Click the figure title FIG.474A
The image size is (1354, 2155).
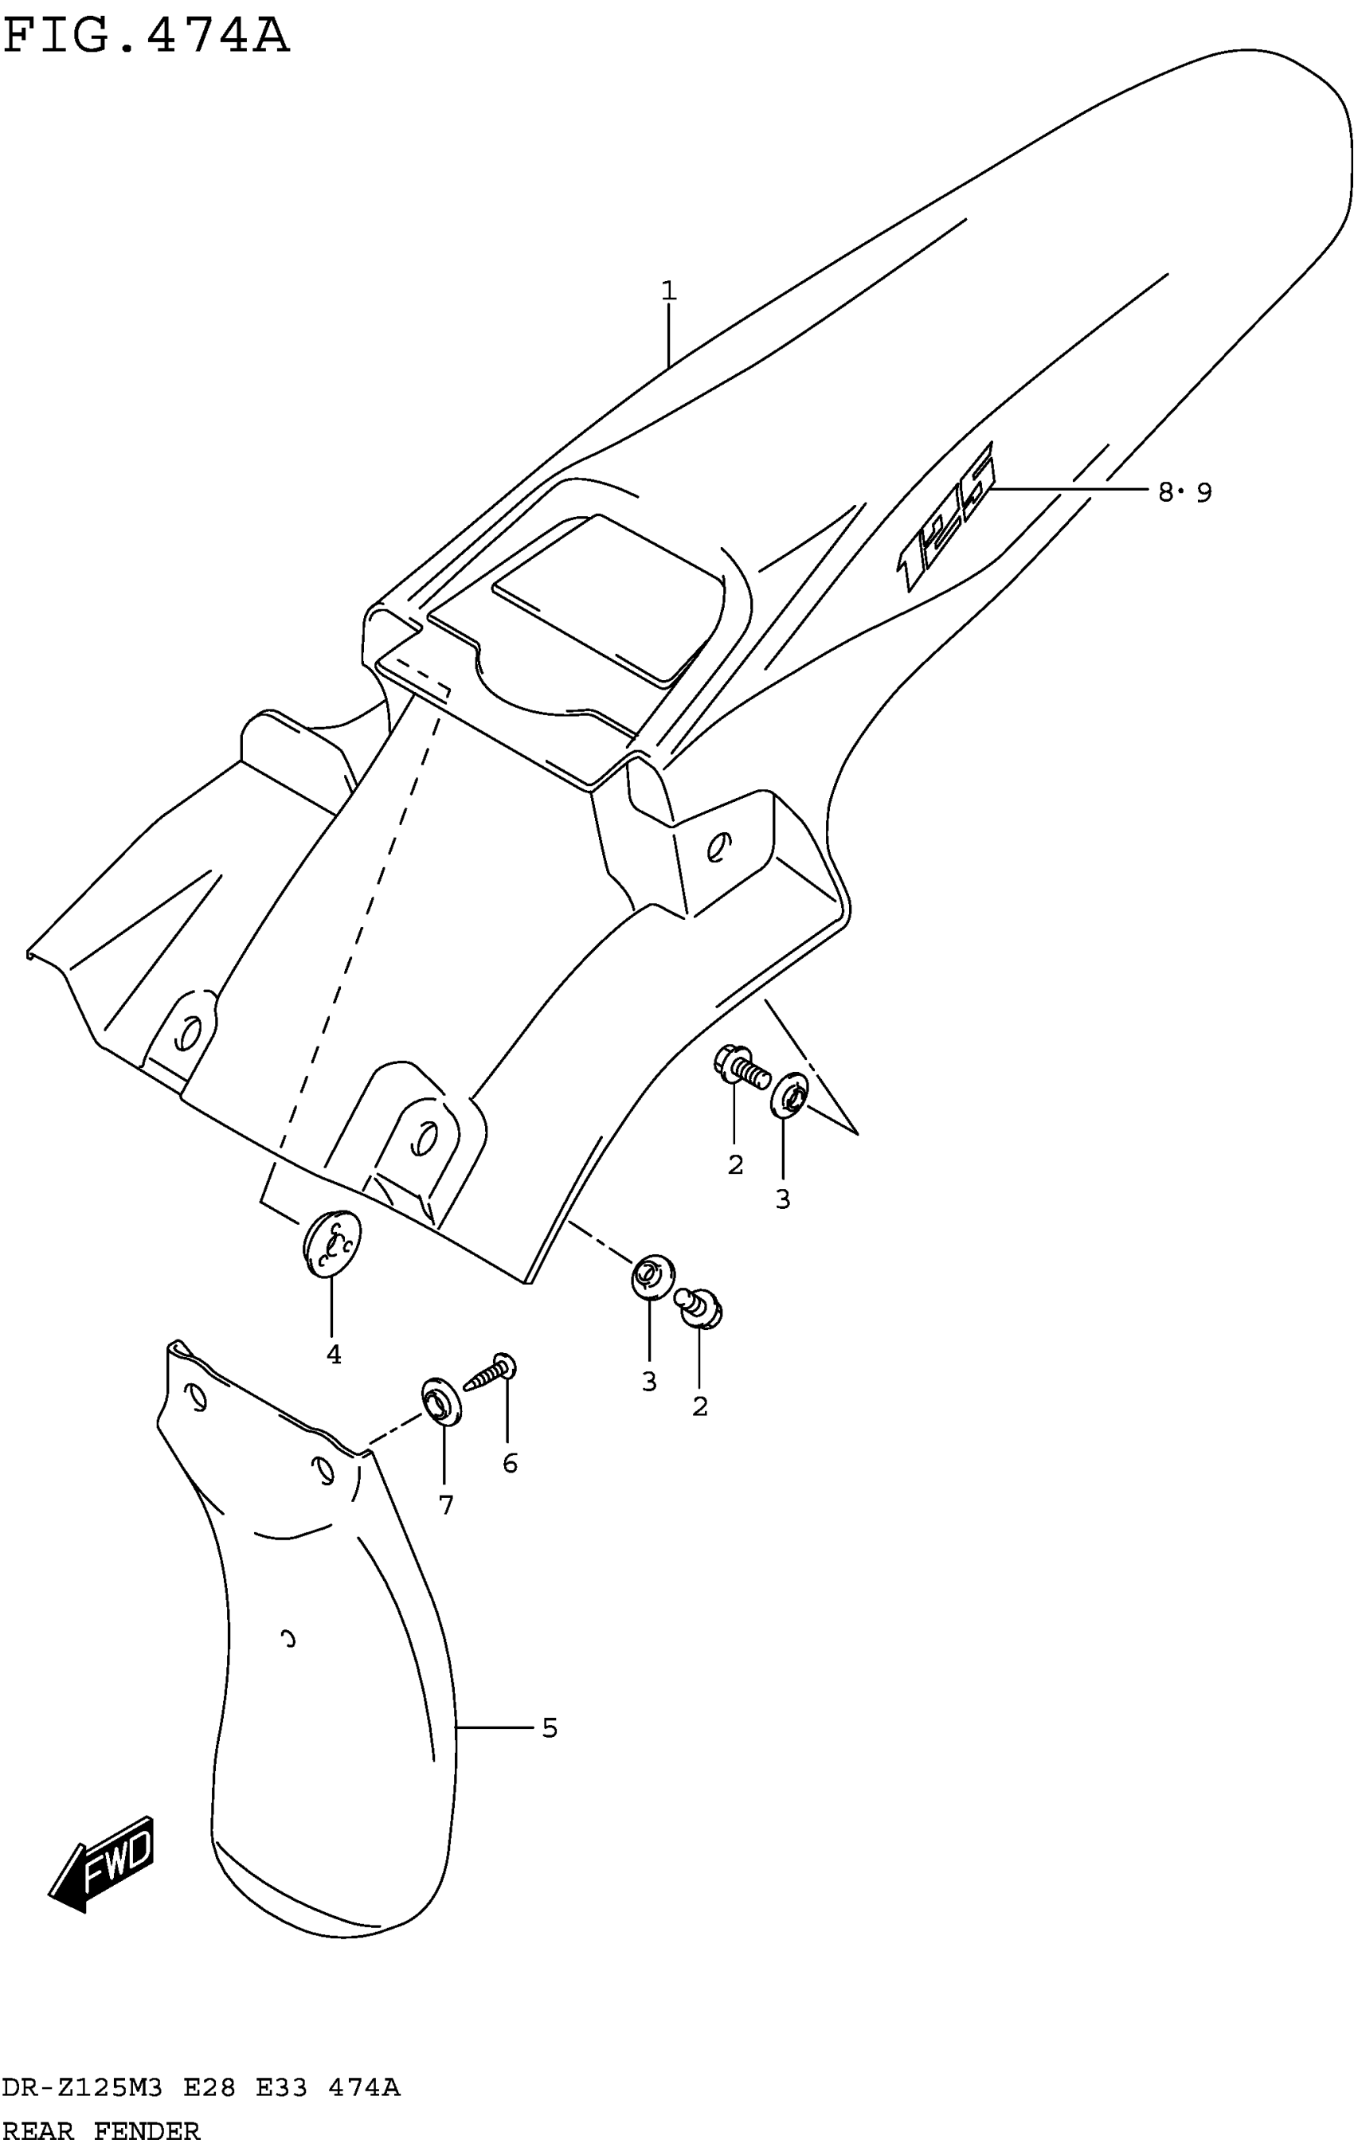pyautogui.click(x=146, y=37)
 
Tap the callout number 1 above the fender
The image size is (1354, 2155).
pyautogui.click(x=668, y=291)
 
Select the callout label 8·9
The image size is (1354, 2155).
pyautogui.click(x=1184, y=491)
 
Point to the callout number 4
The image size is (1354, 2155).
pyautogui.click(x=333, y=1355)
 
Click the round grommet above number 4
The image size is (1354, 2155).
pyautogui.click(x=332, y=1241)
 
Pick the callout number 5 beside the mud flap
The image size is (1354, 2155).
pyautogui.click(x=549, y=1728)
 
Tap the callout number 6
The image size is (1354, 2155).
pyautogui.click(x=509, y=1463)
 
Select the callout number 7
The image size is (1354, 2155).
pyautogui.click(x=446, y=1505)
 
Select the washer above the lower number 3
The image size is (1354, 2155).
pyautogui.click(x=652, y=1276)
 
